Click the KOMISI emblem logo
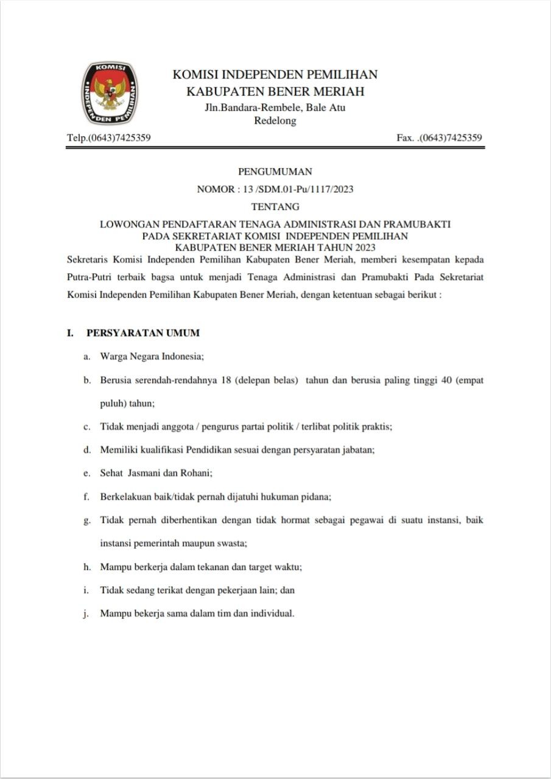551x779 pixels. pyautogui.click(x=109, y=93)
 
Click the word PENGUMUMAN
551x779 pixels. pyautogui.click(x=275, y=172)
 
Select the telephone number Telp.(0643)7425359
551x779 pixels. pyautogui.click(x=109, y=138)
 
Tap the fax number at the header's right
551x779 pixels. pyautogui.click(x=439, y=138)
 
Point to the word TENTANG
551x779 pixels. pyautogui.click(x=275, y=206)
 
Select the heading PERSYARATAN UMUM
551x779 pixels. pyautogui.click(x=143, y=333)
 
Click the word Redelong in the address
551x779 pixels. pyautogui.click(x=275, y=121)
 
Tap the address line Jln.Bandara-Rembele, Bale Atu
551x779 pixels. pyautogui.click(x=275, y=108)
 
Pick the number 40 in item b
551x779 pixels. pyautogui.click(x=452, y=380)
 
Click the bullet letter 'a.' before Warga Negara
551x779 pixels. pyautogui.click(x=88, y=357)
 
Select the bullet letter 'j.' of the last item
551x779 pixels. pyautogui.click(x=87, y=613)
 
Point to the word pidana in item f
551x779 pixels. pyautogui.click(x=316, y=497)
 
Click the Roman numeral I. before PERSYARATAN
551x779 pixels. pyautogui.click(x=71, y=333)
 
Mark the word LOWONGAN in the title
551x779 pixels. pyautogui.click(x=126, y=224)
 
